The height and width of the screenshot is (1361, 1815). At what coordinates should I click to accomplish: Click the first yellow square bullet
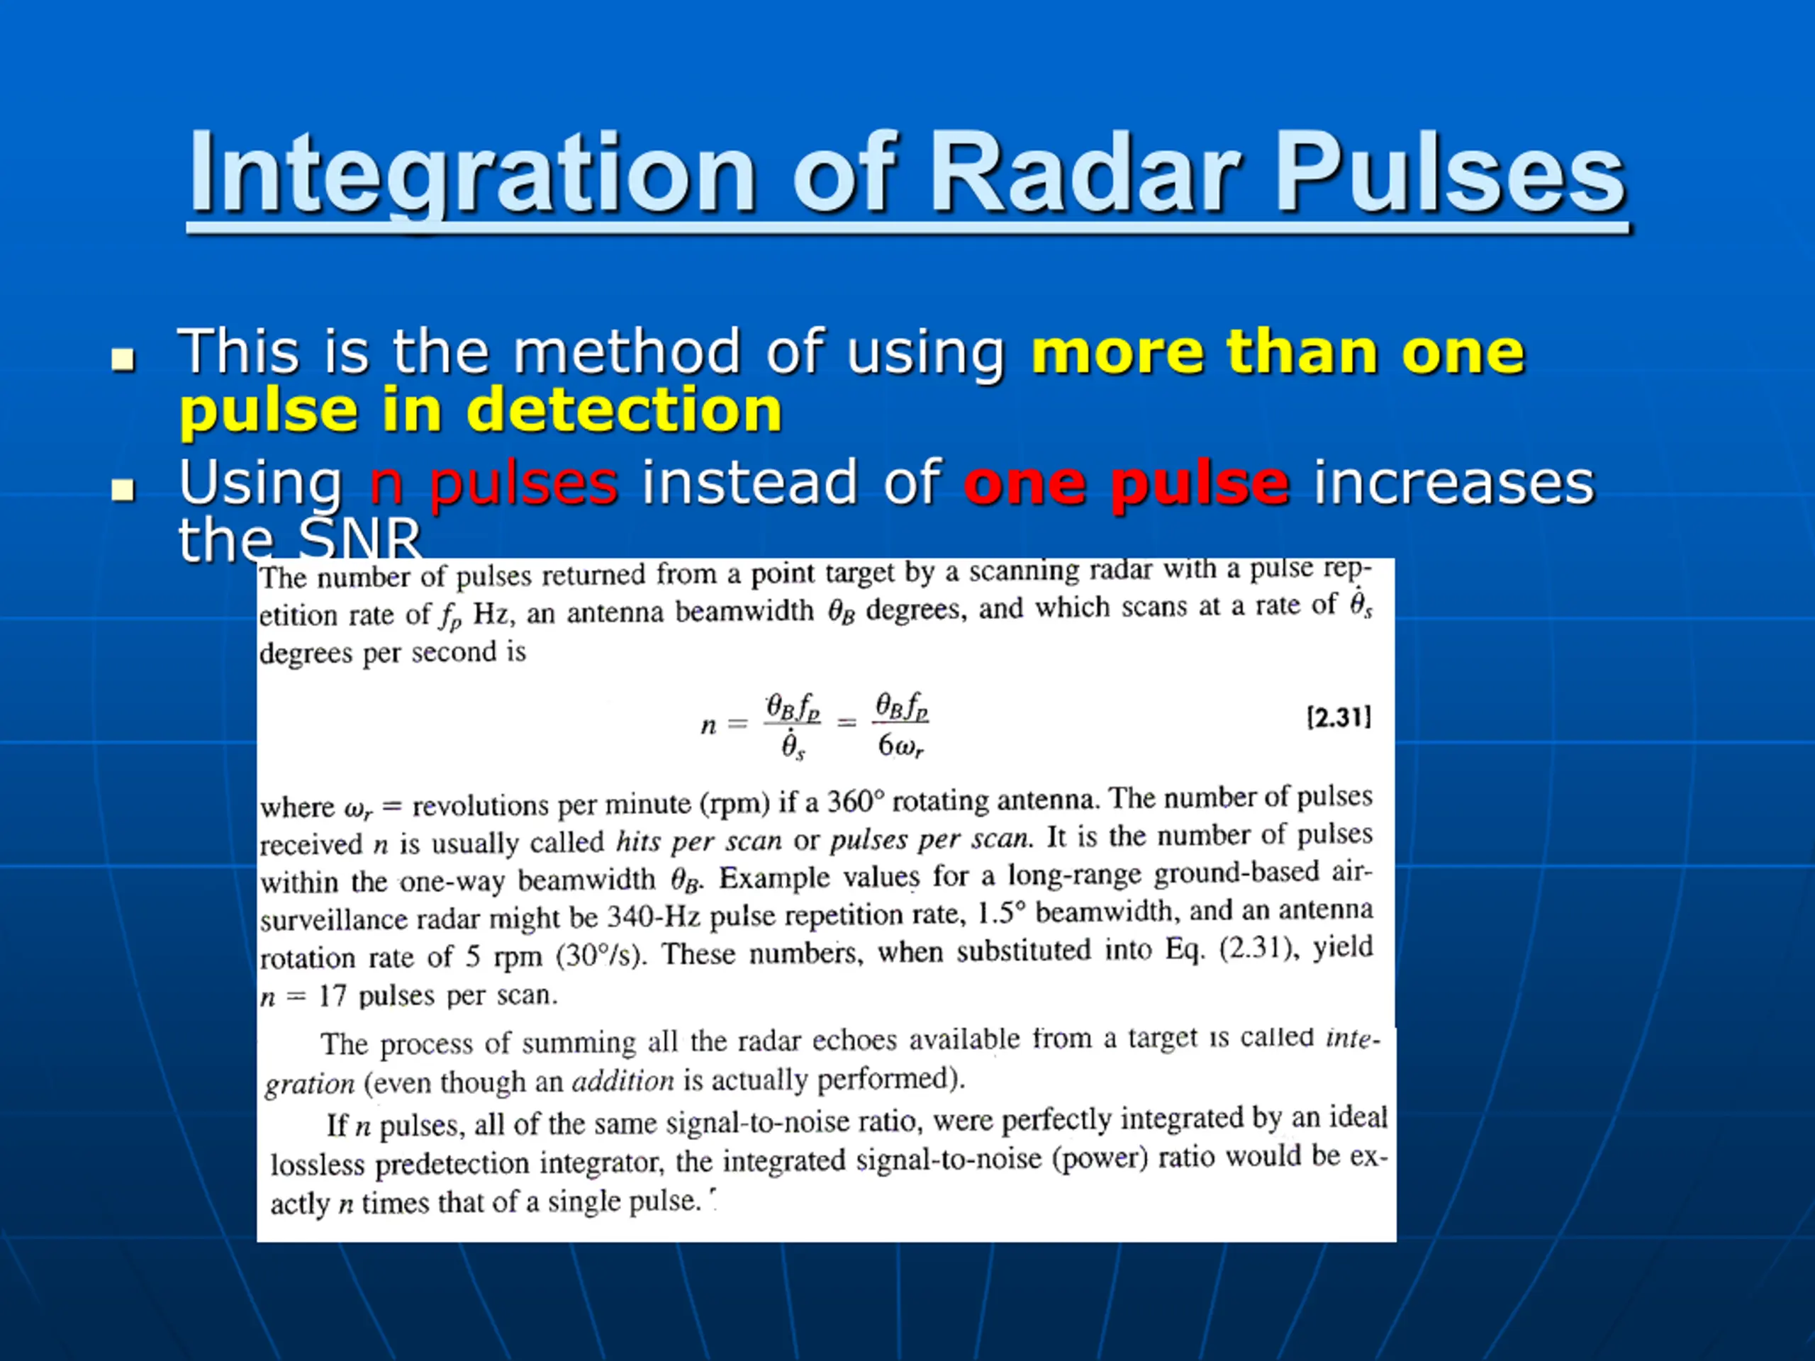click(x=123, y=359)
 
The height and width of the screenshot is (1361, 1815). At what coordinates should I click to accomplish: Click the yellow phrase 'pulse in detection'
click(x=481, y=410)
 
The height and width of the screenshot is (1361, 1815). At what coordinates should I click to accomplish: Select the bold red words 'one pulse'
click(x=1127, y=484)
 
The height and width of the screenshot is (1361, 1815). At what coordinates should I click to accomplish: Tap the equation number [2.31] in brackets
click(x=1339, y=718)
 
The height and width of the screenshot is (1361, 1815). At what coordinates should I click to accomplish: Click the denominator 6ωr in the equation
click(x=900, y=746)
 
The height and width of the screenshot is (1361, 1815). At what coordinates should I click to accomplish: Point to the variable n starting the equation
click(x=708, y=725)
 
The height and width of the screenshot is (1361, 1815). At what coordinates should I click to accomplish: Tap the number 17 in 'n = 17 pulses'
click(x=333, y=996)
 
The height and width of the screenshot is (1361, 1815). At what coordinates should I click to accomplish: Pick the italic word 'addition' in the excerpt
click(x=622, y=1080)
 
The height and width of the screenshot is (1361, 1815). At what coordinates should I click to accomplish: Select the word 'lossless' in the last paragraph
click(x=318, y=1164)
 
